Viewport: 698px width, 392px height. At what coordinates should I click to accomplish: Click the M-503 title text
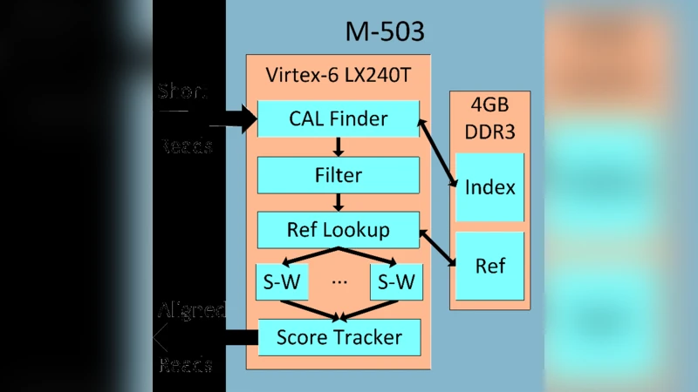(x=385, y=33)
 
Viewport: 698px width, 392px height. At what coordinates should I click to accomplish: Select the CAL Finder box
(x=339, y=118)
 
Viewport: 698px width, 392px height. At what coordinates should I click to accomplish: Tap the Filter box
(x=339, y=175)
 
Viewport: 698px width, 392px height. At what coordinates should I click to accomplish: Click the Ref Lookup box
(x=339, y=230)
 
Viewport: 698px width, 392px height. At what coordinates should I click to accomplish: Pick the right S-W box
(x=394, y=283)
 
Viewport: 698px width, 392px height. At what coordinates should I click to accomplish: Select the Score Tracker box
(x=339, y=336)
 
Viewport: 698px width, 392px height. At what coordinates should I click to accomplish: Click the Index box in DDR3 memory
(x=489, y=187)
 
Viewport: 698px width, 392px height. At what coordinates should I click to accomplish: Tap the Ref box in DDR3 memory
(x=489, y=266)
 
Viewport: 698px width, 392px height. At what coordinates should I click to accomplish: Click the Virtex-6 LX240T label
(x=339, y=76)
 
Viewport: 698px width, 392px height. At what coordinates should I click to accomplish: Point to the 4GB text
(x=489, y=105)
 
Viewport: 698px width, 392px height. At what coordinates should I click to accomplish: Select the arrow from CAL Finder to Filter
(x=339, y=146)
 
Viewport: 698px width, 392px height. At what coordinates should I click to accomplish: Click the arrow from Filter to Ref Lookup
(x=339, y=202)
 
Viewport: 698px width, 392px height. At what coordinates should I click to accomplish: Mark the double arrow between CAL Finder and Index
(x=440, y=153)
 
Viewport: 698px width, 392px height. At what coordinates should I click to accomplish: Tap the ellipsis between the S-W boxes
(x=339, y=282)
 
